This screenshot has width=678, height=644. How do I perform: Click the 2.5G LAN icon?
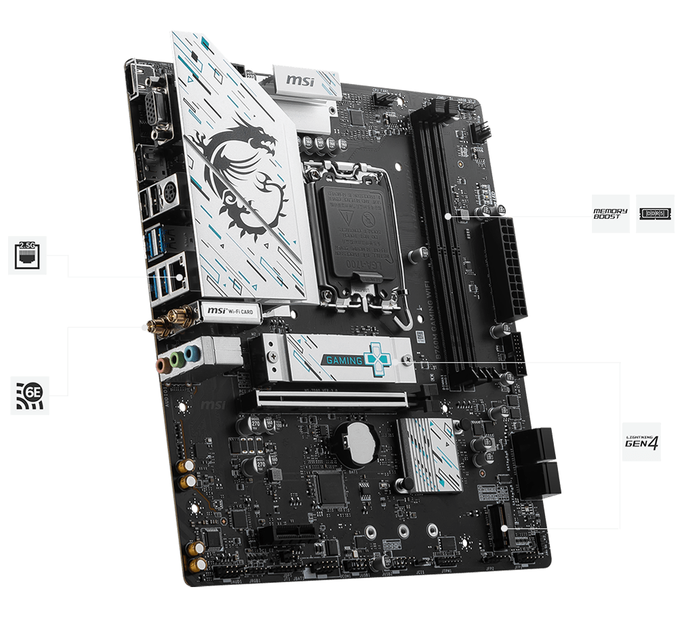point(28,255)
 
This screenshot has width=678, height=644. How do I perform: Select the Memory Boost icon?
point(610,214)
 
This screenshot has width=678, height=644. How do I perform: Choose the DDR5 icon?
point(655,214)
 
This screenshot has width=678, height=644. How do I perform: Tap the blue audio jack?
point(193,353)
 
